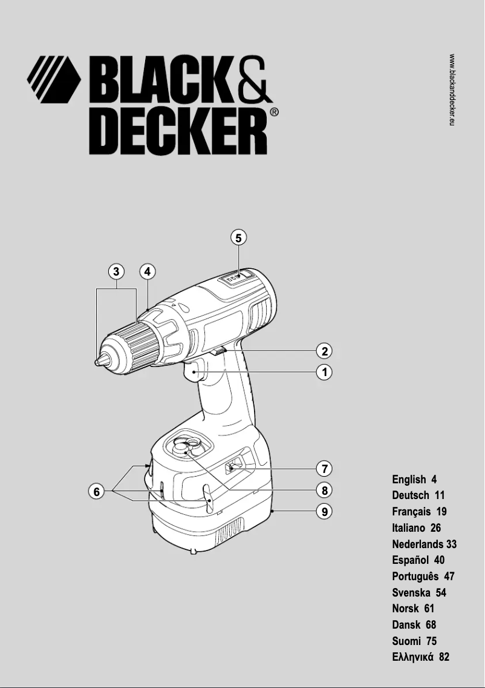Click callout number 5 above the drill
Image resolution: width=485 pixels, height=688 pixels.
[239, 238]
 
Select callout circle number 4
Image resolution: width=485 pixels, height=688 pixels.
[147, 271]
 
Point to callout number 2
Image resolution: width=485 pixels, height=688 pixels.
[325, 351]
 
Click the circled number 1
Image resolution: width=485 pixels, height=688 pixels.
[325, 372]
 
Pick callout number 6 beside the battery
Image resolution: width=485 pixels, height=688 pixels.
[96, 492]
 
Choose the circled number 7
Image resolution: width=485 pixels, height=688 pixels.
[325, 469]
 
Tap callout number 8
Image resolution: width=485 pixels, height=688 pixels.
[325, 490]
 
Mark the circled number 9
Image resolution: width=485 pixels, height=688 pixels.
[325, 512]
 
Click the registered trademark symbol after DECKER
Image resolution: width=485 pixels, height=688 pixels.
[274, 113]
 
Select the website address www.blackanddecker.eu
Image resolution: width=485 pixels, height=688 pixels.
[452, 90]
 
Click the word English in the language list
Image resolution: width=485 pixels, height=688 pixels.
[409, 480]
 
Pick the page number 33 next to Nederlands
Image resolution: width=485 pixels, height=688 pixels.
[451, 544]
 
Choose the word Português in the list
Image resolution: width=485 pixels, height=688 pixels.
[415, 577]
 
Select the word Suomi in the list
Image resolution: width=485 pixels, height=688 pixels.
[405, 641]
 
